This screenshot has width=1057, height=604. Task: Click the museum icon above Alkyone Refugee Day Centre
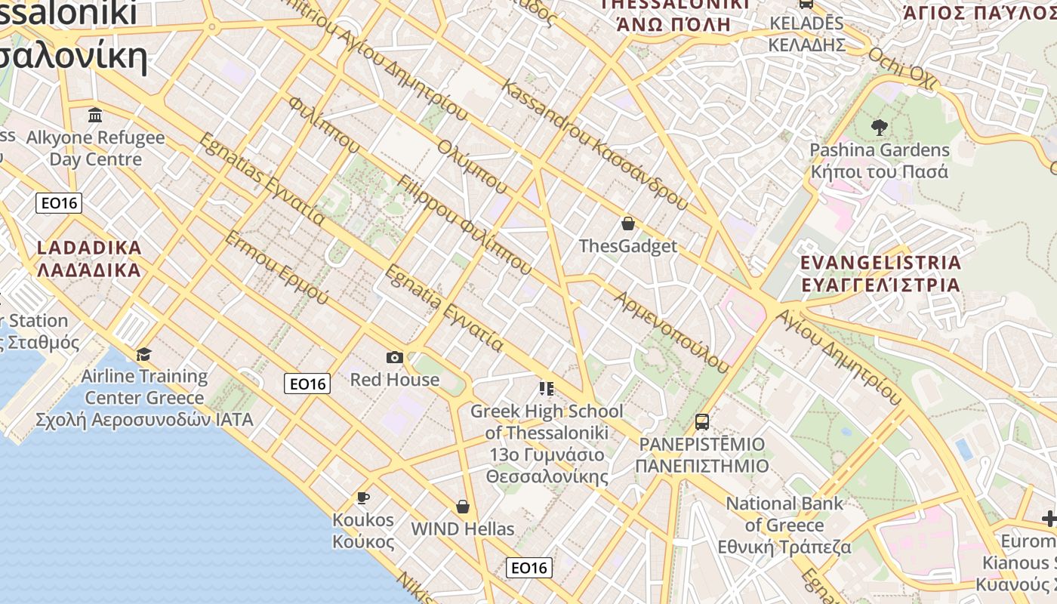pyautogui.click(x=95, y=116)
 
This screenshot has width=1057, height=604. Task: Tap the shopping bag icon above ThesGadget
pyautogui.click(x=627, y=223)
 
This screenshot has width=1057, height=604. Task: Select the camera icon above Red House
pyautogui.click(x=394, y=357)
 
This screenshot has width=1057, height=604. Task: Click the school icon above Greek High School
pyautogui.click(x=547, y=389)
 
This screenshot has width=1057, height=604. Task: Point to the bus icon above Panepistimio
pyautogui.click(x=702, y=421)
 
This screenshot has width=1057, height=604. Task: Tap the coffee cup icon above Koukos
pyautogui.click(x=363, y=498)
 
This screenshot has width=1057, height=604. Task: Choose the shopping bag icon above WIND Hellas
pyautogui.click(x=463, y=507)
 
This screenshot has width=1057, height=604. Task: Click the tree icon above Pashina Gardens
pyautogui.click(x=879, y=128)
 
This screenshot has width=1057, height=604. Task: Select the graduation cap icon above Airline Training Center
pyautogui.click(x=143, y=354)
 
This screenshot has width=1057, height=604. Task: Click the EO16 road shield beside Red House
pyautogui.click(x=308, y=384)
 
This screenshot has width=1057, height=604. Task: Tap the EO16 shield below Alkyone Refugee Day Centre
pyautogui.click(x=59, y=202)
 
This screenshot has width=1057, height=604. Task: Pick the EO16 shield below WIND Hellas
pyautogui.click(x=528, y=568)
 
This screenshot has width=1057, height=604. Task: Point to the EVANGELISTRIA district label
pyautogui.click(x=880, y=273)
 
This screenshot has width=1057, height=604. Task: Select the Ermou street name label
pyautogui.click(x=276, y=268)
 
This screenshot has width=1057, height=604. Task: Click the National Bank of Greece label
pyautogui.click(x=784, y=525)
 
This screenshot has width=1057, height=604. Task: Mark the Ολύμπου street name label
pyautogui.click(x=472, y=163)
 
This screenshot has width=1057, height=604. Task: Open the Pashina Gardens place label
pyautogui.click(x=880, y=160)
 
